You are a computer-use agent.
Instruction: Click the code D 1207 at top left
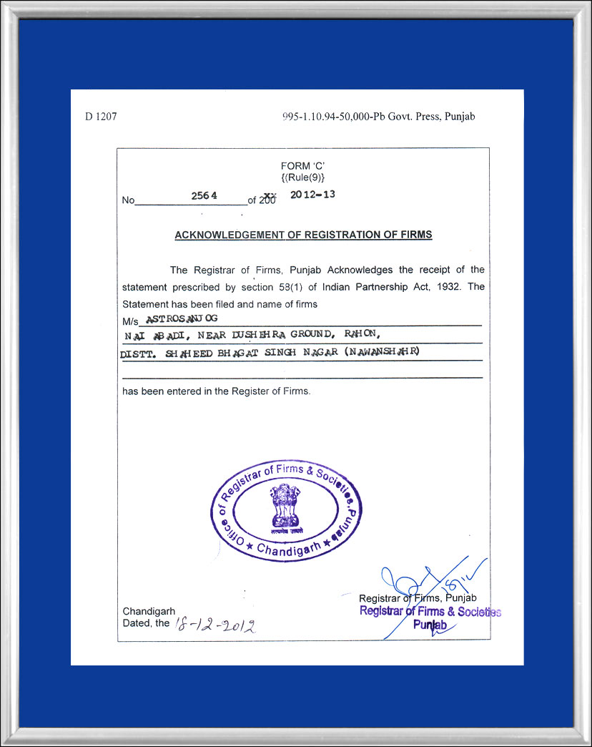101,117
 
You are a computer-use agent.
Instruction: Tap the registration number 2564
204,195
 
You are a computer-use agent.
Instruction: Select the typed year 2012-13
312,194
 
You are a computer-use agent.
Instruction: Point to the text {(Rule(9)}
303,177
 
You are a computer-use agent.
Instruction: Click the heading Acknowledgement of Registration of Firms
303,235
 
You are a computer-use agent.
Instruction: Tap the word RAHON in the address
367,333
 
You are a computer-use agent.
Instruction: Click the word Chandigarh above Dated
149,612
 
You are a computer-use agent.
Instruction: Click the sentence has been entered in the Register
216,391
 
